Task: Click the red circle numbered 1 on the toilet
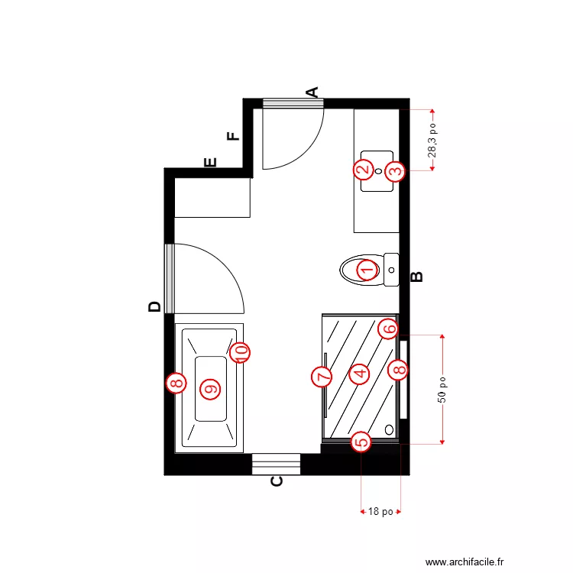coord(367,270)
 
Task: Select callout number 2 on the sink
coord(364,169)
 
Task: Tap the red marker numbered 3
coord(394,170)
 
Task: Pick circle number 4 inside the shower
coord(358,373)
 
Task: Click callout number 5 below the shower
coord(361,441)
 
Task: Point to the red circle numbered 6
coord(388,329)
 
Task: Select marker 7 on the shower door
coord(322,376)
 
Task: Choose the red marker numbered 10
coord(240,351)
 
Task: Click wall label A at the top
coord(312,92)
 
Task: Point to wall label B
coord(417,277)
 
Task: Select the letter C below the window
coord(277,481)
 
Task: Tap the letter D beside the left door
coord(154,306)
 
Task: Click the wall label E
coord(211,162)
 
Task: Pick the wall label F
coord(233,137)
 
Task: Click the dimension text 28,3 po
coord(432,141)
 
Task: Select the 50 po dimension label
coord(443,389)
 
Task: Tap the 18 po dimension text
coord(380,511)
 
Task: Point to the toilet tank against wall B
coord(391,270)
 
